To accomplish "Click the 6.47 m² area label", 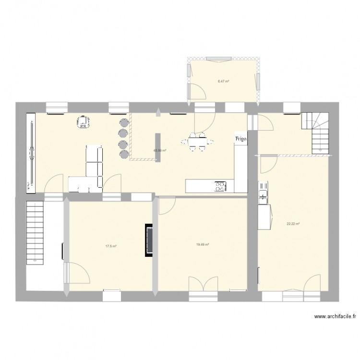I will [223, 82].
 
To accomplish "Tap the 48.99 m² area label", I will [160, 150].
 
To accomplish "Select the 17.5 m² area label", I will [111, 246].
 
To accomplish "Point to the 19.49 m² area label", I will [202, 244].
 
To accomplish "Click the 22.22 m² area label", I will [293, 224].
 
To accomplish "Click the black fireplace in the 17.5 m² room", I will [148, 240].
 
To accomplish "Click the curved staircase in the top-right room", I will [315, 132].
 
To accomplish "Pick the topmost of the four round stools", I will [122, 122].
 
